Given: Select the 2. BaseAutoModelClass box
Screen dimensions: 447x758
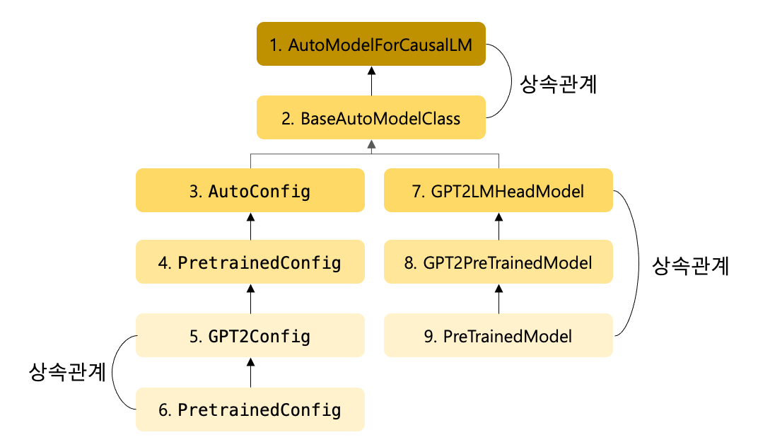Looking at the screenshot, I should click(x=371, y=117).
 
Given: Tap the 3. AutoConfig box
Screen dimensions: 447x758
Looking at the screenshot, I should click(x=250, y=191).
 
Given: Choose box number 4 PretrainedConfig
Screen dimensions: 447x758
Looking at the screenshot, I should click(x=250, y=263).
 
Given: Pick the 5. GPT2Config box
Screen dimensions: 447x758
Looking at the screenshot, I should click(x=250, y=336).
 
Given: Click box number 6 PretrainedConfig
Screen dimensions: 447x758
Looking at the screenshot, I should click(x=250, y=410).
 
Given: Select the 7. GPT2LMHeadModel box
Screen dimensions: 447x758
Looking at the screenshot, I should click(x=498, y=191).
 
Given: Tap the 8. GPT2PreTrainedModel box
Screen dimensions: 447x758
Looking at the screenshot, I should click(x=498, y=263).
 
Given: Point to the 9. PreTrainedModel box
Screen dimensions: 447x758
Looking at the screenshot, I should click(x=498, y=336).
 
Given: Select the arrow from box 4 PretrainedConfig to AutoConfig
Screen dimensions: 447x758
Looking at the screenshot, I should click(x=250, y=226).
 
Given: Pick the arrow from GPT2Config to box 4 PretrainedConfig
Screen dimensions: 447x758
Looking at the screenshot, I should click(x=250, y=299).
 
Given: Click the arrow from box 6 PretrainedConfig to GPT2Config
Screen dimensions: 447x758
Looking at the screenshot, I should click(x=250, y=373).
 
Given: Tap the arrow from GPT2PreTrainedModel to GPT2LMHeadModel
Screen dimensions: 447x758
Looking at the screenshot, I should click(x=498, y=226).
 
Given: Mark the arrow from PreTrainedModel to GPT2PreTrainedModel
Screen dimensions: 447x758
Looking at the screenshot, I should click(x=498, y=299).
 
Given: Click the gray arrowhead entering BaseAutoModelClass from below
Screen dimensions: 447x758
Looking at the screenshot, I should click(x=371, y=145).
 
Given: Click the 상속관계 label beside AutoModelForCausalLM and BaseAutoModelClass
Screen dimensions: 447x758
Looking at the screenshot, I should click(x=559, y=84).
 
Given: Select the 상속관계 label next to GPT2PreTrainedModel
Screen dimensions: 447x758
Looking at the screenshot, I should click(x=690, y=266).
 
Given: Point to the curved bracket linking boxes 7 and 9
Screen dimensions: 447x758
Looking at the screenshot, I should click(x=639, y=263).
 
